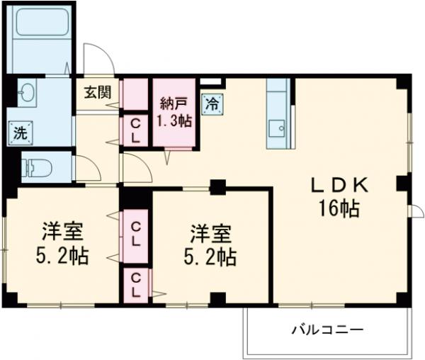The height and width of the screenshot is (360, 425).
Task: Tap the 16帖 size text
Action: [339, 209]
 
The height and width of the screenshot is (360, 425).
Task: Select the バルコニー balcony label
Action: [327, 330]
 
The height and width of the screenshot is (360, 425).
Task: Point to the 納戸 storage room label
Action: [174, 101]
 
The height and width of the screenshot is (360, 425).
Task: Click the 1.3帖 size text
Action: [174, 120]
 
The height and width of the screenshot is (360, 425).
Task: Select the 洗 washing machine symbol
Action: [18, 132]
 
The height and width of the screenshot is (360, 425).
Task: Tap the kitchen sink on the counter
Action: [278, 128]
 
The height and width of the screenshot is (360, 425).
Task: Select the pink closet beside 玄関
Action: [133, 94]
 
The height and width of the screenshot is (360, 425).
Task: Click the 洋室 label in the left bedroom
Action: [61, 231]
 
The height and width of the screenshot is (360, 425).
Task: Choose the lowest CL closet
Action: [134, 283]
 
